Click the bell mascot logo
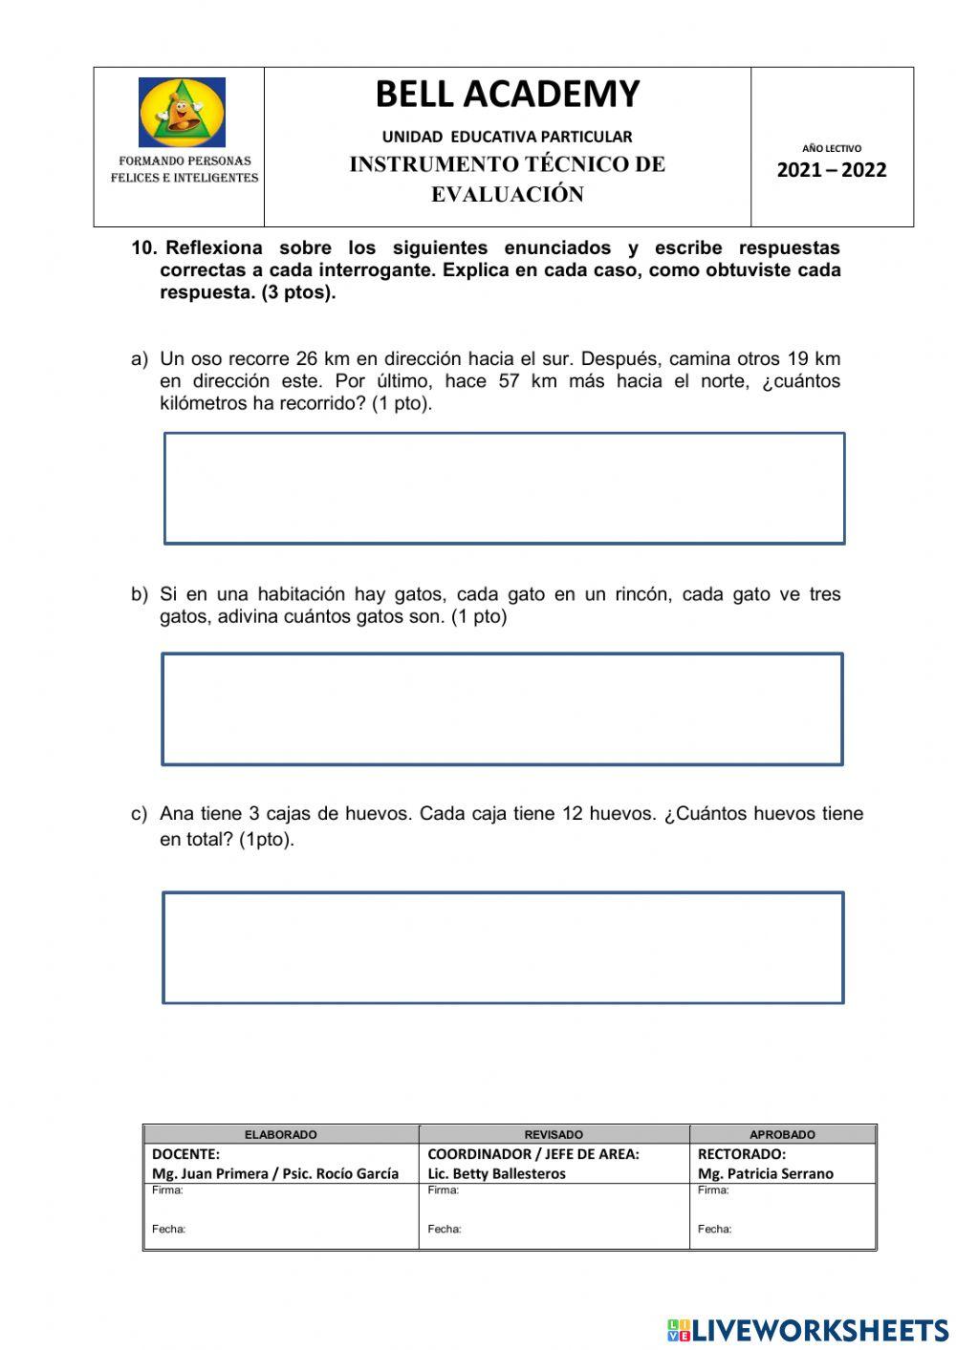[182, 113]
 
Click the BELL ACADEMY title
[507, 95]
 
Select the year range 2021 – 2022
[831, 171]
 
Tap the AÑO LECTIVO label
[831, 148]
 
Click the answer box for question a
[504, 488]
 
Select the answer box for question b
[502, 709]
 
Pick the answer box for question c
[503, 948]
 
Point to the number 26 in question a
[306, 359]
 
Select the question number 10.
[143, 248]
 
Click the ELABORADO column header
[280, 1135]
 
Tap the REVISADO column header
[554, 1135]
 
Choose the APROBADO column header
[782, 1135]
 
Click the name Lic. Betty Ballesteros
[496, 1174]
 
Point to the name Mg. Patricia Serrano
[765, 1174]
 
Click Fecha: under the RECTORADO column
[714, 1230]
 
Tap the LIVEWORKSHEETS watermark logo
[807, 1330]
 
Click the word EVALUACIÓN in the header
[507, 195]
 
